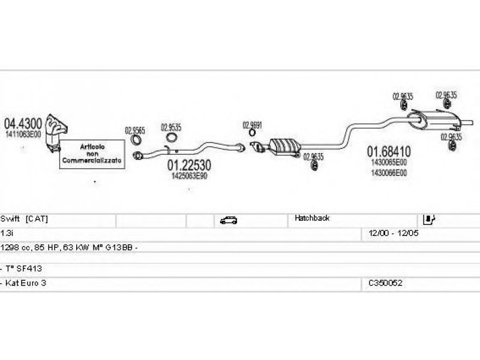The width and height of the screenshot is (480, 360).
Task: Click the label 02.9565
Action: [x=135, y=129]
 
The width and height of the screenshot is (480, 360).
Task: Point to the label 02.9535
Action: [x=171, y=127]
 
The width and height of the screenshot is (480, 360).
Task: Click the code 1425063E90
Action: [x=189, y=176]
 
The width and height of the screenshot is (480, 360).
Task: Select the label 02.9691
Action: [x=253, y=125]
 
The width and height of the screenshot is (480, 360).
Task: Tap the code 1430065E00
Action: [x=389, y=162]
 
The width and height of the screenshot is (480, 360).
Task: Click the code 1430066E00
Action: [x=389, y=173]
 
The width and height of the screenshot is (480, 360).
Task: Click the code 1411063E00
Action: [x=23, y=135]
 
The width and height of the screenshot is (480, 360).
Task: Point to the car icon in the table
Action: [x=228, y=220]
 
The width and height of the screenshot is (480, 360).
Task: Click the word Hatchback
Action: [x=312, y=219]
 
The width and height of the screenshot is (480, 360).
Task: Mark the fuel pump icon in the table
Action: [x=429, y=220]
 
